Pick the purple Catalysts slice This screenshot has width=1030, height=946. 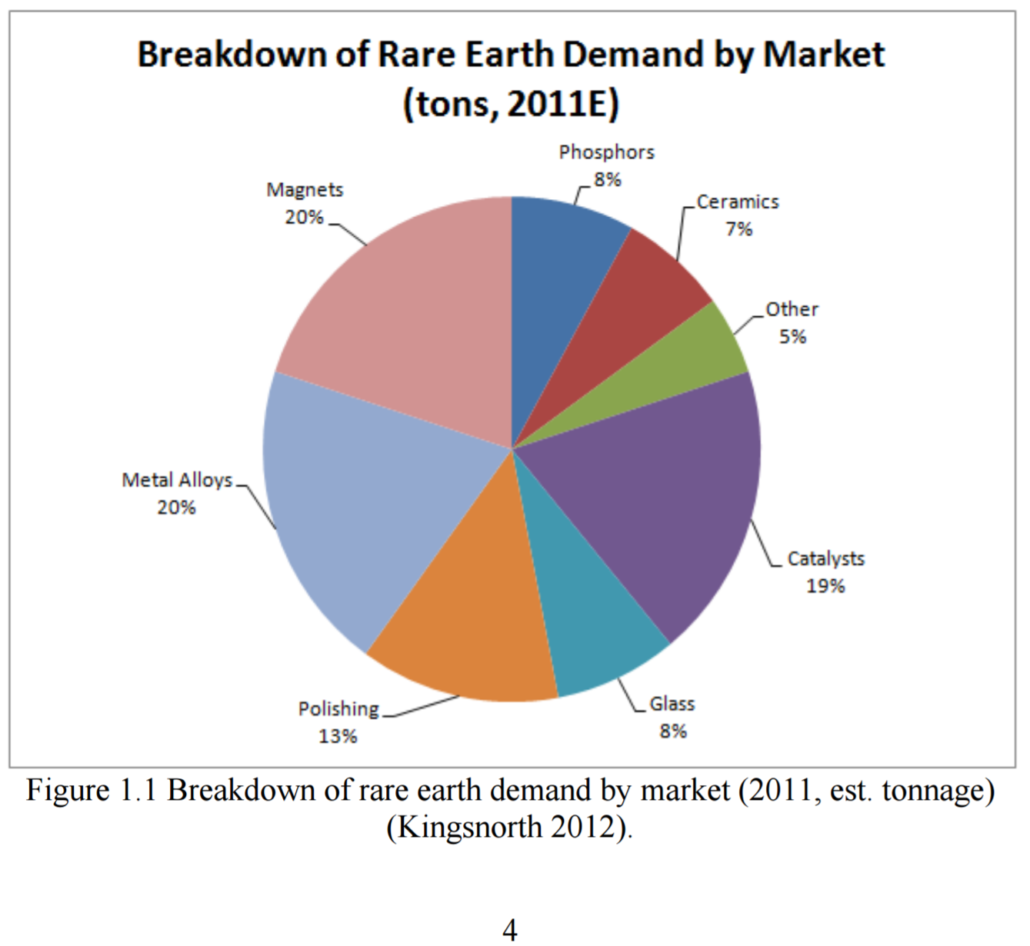[x=662, y=488]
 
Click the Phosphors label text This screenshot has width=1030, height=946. [x=606, y=152]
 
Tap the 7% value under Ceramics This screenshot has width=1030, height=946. [x=739, y=229]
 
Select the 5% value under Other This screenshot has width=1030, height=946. [x=793, y=337]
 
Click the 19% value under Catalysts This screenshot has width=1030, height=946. [x=825, y=586]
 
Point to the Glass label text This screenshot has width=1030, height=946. [x=672, y=704]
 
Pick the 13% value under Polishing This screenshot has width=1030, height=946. [x=338, y=737]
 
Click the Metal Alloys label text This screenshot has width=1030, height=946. [x=177, y=481]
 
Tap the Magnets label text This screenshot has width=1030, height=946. [x=305, y=190]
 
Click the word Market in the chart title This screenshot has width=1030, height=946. [x=824, y=54]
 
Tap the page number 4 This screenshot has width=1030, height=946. [x=510, y=929]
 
